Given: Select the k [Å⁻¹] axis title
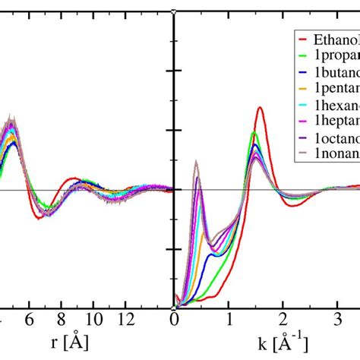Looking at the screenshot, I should [x=270, y=342].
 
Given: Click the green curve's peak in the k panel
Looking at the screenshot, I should [x=254, y=132].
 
